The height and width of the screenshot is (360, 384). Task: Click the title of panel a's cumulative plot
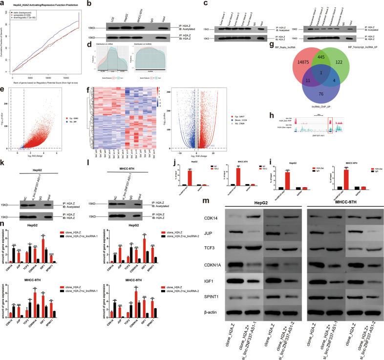tap(41, 4)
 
